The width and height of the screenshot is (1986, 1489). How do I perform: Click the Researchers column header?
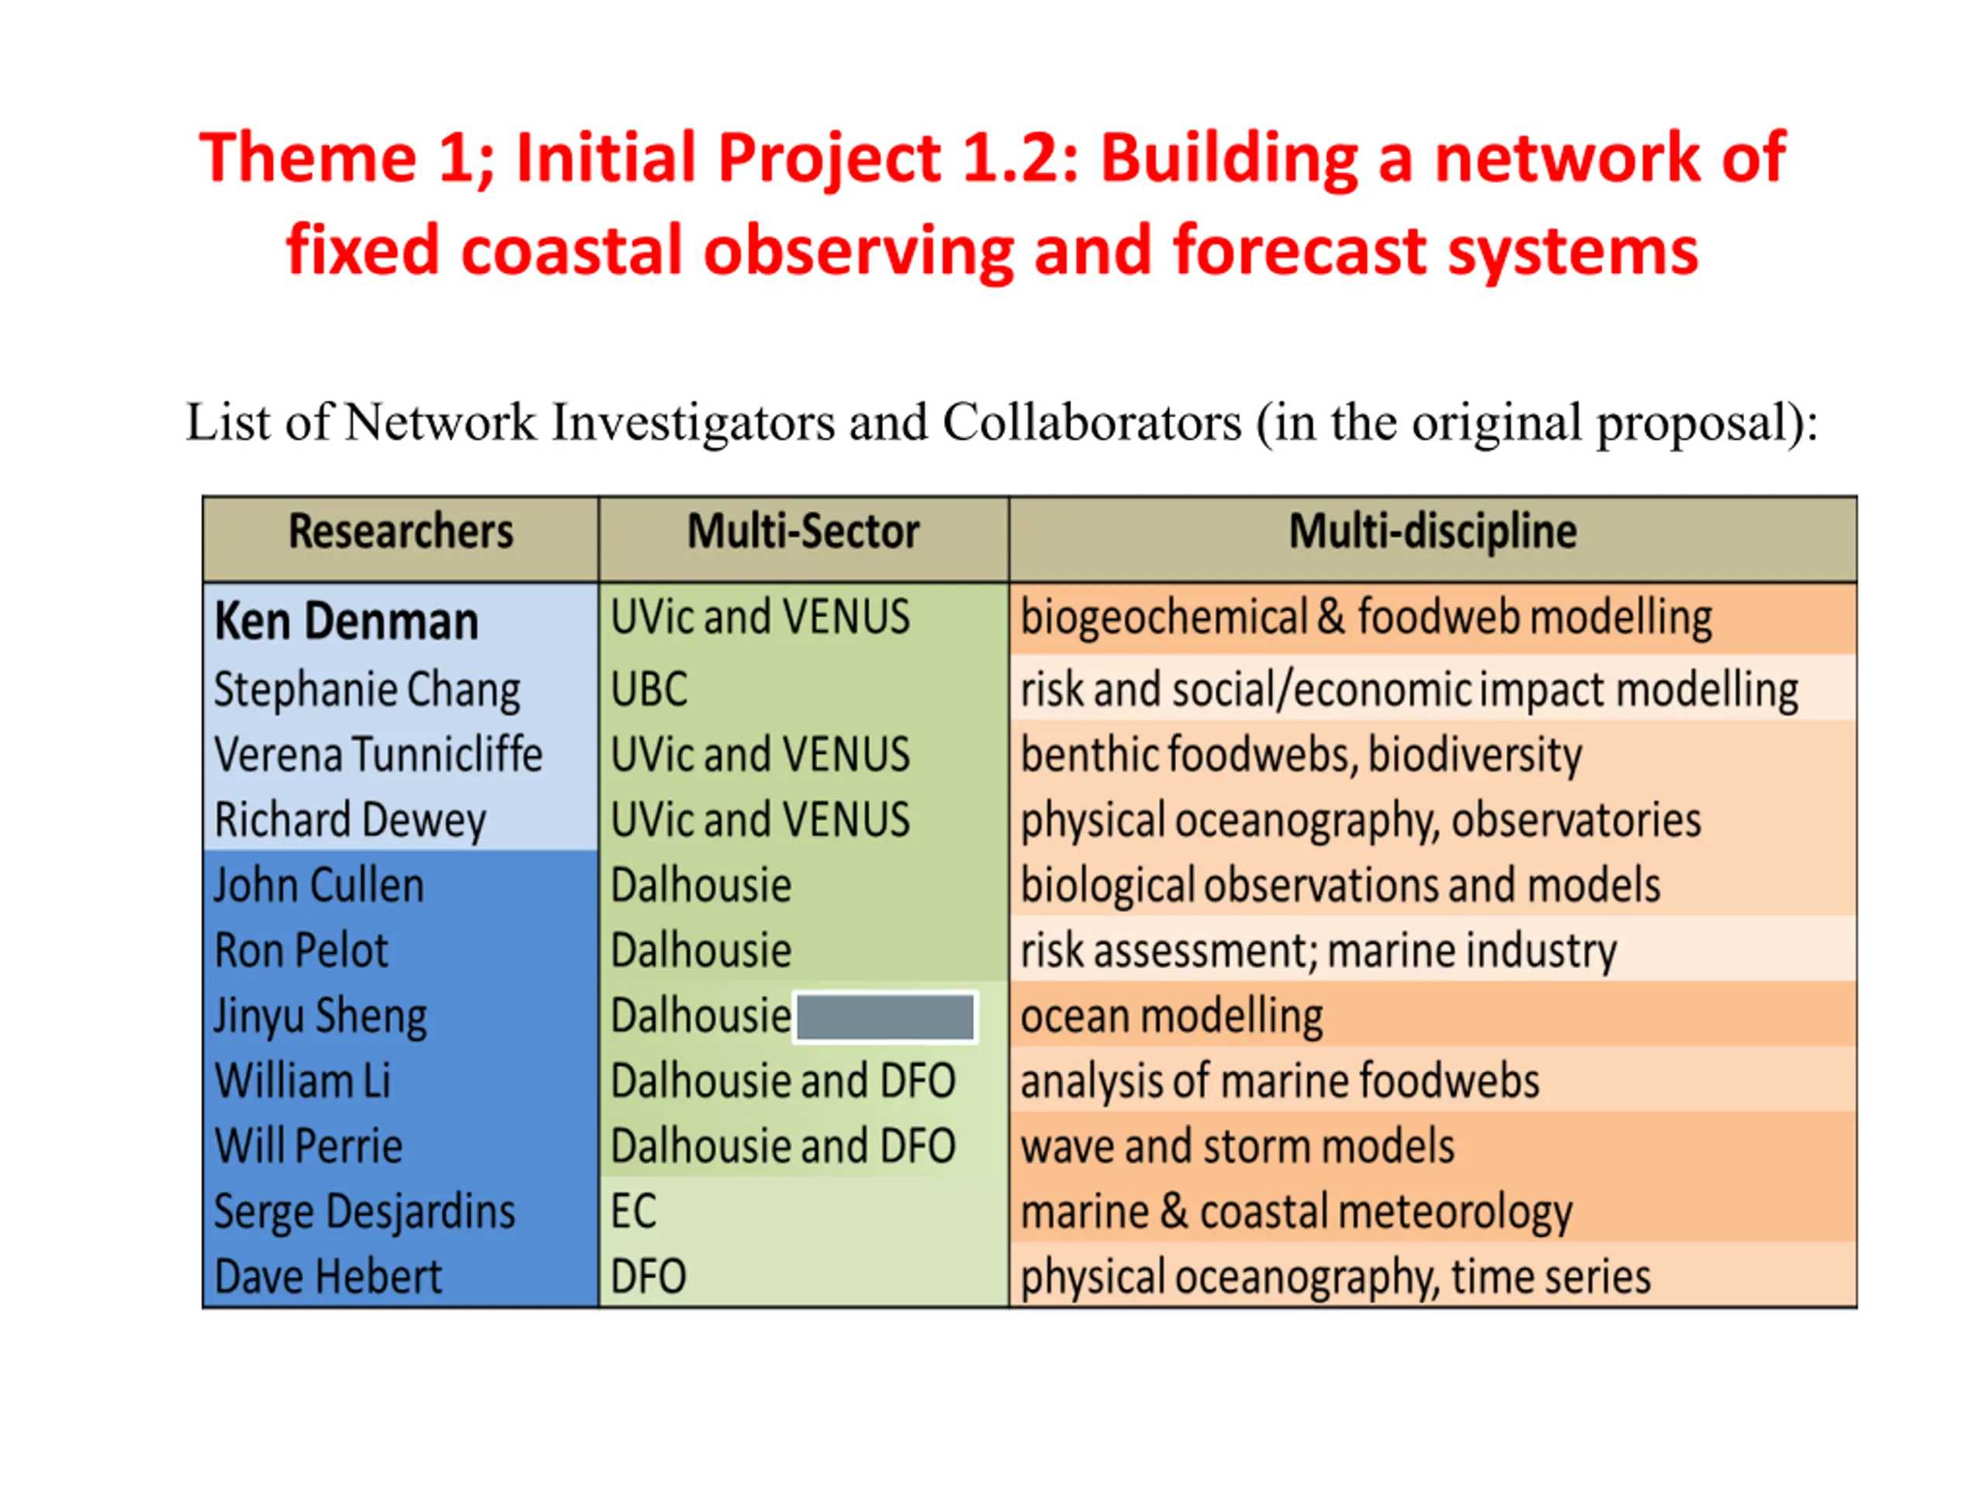(400, 531)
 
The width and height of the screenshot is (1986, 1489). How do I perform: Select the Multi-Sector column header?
(804, 531)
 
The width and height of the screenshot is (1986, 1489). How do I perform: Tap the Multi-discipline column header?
(1433, 531)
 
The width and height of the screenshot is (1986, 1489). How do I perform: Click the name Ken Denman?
(347, 621)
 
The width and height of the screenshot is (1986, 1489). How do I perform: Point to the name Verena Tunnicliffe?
(378, 754)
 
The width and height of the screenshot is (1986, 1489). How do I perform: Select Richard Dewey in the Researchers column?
(350, 821)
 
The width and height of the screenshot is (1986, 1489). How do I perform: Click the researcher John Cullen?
(319, 885)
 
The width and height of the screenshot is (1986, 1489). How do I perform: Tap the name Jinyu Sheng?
(320, 1017)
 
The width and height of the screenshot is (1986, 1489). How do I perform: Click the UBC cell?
(649, 689)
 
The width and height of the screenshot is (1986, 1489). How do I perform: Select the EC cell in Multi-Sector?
(634, 1211)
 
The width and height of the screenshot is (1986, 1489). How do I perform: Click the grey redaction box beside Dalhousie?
(885, 1017)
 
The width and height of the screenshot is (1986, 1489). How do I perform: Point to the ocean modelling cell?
(1171, 1017)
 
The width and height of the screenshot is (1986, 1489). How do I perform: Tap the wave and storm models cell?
(1237, 1146)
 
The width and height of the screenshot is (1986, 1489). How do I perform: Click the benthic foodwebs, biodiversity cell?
(1301, 755)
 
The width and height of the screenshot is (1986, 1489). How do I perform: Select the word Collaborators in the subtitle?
(1092, 422)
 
